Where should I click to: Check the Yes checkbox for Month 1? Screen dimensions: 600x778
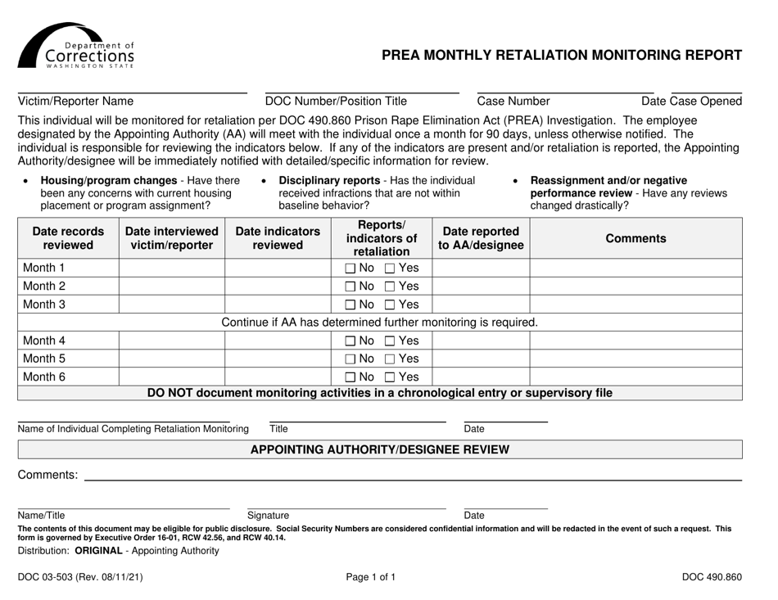point(390,268)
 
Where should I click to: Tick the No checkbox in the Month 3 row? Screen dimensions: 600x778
point(350,305)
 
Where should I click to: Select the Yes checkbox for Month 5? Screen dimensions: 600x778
point(390,359)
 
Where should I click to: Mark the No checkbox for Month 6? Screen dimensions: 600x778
point(350,377)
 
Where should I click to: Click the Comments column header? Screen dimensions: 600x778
point(636,238)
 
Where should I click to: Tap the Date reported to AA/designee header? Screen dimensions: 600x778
point(479,238)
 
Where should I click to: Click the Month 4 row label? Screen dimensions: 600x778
point(46,341)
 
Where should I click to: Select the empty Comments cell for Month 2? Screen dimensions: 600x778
point(636,286)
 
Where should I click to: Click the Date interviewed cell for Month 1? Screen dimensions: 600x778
point(171,268)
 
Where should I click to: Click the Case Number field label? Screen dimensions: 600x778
point(513,102)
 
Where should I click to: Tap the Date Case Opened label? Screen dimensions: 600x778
point(691,102)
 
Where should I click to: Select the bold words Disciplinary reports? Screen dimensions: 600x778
point(330,180)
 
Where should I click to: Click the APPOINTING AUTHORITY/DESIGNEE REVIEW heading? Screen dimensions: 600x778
point(379,449)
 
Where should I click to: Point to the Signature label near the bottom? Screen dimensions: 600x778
point(268,515)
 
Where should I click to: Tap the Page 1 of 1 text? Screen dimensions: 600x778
point(370,577)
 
